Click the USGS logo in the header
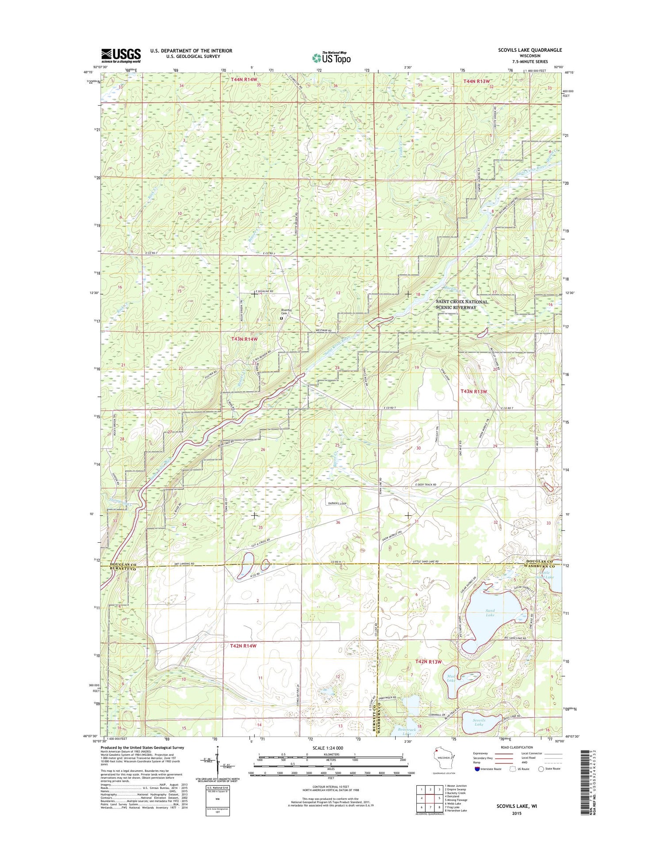coord(121,56)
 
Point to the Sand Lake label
coord(490,613)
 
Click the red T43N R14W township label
coord(244,339)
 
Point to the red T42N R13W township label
coord(428,662)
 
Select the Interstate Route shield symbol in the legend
coord(477,769)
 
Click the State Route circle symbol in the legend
coord(541,769)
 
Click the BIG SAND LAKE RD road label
coord(515,639)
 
